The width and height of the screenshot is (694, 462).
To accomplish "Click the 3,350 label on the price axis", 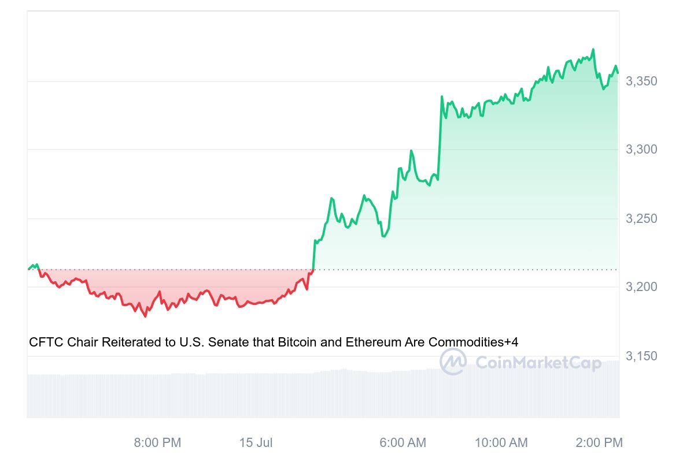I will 641,81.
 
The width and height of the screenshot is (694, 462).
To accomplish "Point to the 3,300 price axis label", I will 641,150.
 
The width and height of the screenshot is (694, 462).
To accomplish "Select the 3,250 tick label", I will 641,219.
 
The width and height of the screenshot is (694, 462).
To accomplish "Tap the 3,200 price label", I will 641,287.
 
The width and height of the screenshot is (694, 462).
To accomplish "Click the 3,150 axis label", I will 641,356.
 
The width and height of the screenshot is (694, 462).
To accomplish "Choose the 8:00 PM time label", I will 157,443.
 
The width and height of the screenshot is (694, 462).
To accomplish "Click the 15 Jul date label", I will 256,443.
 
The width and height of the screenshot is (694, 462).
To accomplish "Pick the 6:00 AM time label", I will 403,443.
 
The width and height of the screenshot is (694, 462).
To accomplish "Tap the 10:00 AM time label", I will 501,443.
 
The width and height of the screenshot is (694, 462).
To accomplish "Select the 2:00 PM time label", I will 599,443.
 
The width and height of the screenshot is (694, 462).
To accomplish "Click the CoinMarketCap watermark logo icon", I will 453,362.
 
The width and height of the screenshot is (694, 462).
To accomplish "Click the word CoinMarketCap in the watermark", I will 538,363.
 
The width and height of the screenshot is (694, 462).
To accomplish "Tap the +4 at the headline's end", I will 511,342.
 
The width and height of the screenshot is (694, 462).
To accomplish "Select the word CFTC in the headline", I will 46,342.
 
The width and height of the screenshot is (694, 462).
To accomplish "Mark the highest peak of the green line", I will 593,50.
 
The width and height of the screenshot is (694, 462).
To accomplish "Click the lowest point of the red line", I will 145,316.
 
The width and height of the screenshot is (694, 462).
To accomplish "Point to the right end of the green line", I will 618,73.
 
